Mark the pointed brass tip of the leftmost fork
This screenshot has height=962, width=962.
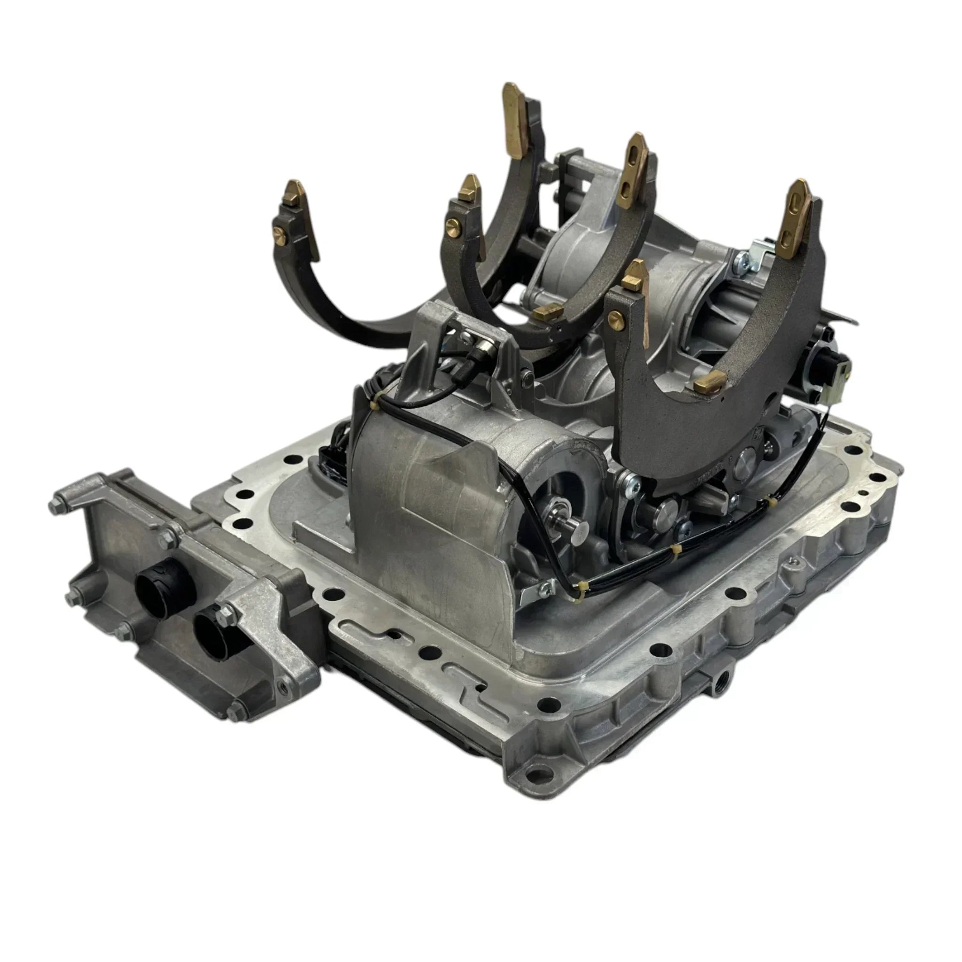(295, 192)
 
